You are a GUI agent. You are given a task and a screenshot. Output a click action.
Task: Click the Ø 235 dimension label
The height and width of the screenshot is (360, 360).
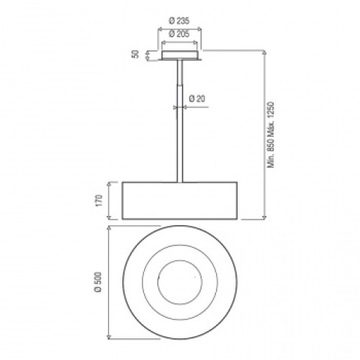click(x=179, y=21)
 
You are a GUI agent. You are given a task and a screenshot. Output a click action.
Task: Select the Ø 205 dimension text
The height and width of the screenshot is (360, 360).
click(x=179, y=34)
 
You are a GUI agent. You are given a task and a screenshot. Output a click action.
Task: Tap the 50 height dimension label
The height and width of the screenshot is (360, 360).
click(x=135, y=54)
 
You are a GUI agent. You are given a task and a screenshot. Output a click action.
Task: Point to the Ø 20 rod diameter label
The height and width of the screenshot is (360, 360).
click(x=197, y=99)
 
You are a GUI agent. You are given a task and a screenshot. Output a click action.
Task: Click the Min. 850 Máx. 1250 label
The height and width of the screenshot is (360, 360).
click(x=271, y=135)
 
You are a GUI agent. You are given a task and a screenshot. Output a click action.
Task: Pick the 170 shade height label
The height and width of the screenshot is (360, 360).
click(x=99, y=200)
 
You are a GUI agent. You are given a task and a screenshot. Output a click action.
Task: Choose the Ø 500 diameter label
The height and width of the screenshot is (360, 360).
click(x=98, y=282)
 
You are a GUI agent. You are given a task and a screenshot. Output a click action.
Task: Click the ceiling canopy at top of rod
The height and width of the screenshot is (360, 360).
click(x=179, y=55)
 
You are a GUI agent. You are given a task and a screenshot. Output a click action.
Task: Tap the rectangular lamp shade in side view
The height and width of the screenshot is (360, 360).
click(x=180, y=201)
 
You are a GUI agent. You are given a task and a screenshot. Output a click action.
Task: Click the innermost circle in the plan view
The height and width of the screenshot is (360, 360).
click(x=158, y=282)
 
